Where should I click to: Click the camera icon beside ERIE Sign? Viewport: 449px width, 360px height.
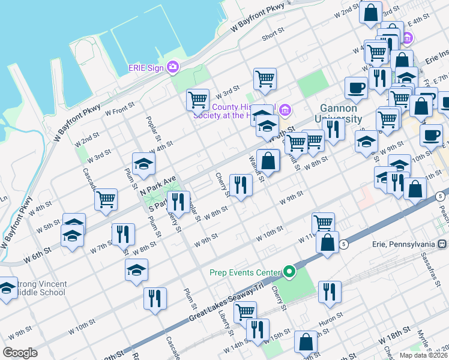pyautogui.click(x=173, y=67)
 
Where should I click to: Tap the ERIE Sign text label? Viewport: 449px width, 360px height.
pyautogui.click(x=146, y=67)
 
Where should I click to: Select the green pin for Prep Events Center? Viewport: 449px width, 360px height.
pyautogui.click(x=290, y=272)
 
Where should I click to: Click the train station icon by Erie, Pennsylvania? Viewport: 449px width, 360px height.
pyautogui.click(x=442, y=244)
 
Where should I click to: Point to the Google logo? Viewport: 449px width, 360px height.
pyautogui.click(x=20, y=353)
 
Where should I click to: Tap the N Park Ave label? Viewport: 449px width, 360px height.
pyautogui.click(x=158, y=184)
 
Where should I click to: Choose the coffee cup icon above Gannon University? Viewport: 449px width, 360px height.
pyautogui.click(x=356, y=87)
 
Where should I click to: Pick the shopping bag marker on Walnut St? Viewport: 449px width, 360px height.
pyautogui.click(x=268, y=160)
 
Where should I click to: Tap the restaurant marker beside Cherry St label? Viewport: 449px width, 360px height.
pyautogui.click(x=241, y=185)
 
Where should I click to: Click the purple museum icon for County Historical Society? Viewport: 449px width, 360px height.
pyautogui.click(x=285, y=109)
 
